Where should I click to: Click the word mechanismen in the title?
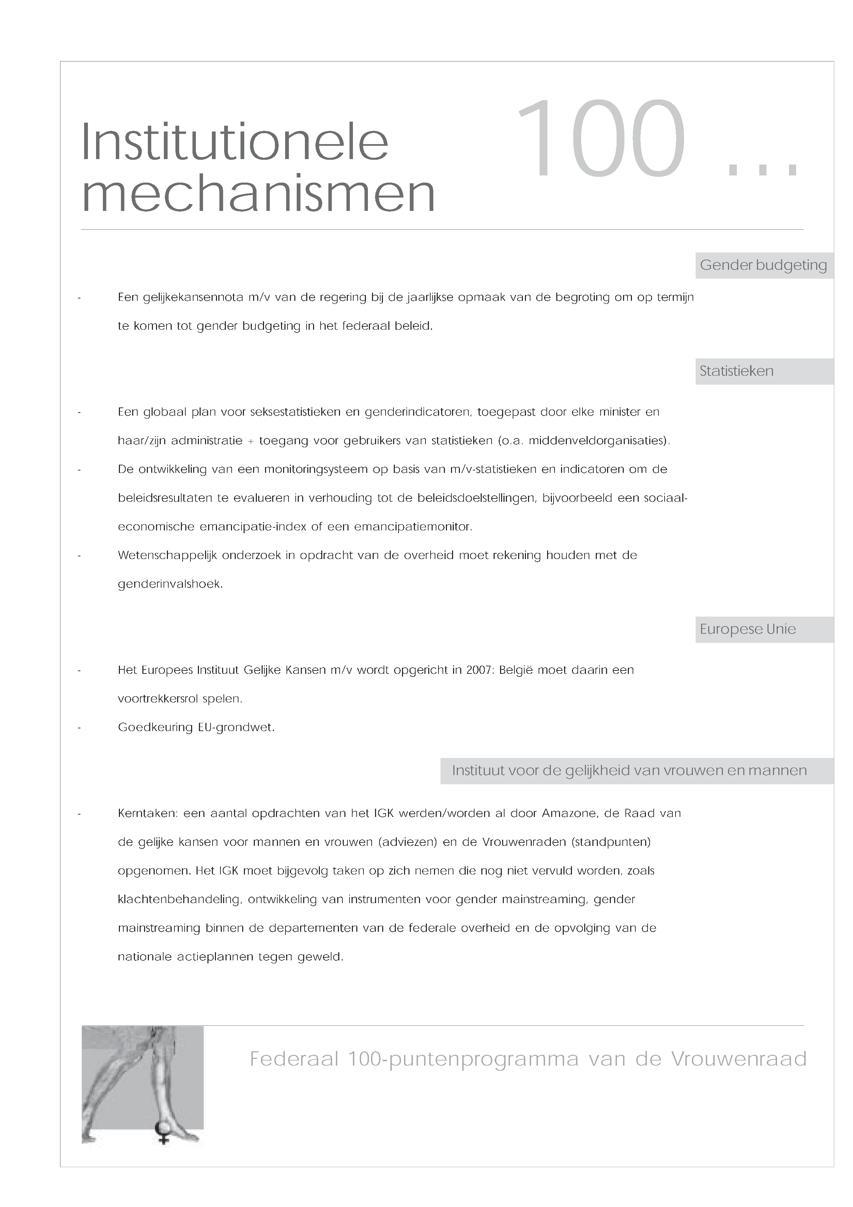click(259, 194)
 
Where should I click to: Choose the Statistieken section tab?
click(736, 371)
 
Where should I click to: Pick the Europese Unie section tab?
click(747, 629)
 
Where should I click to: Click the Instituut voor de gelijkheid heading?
click(629, 771)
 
